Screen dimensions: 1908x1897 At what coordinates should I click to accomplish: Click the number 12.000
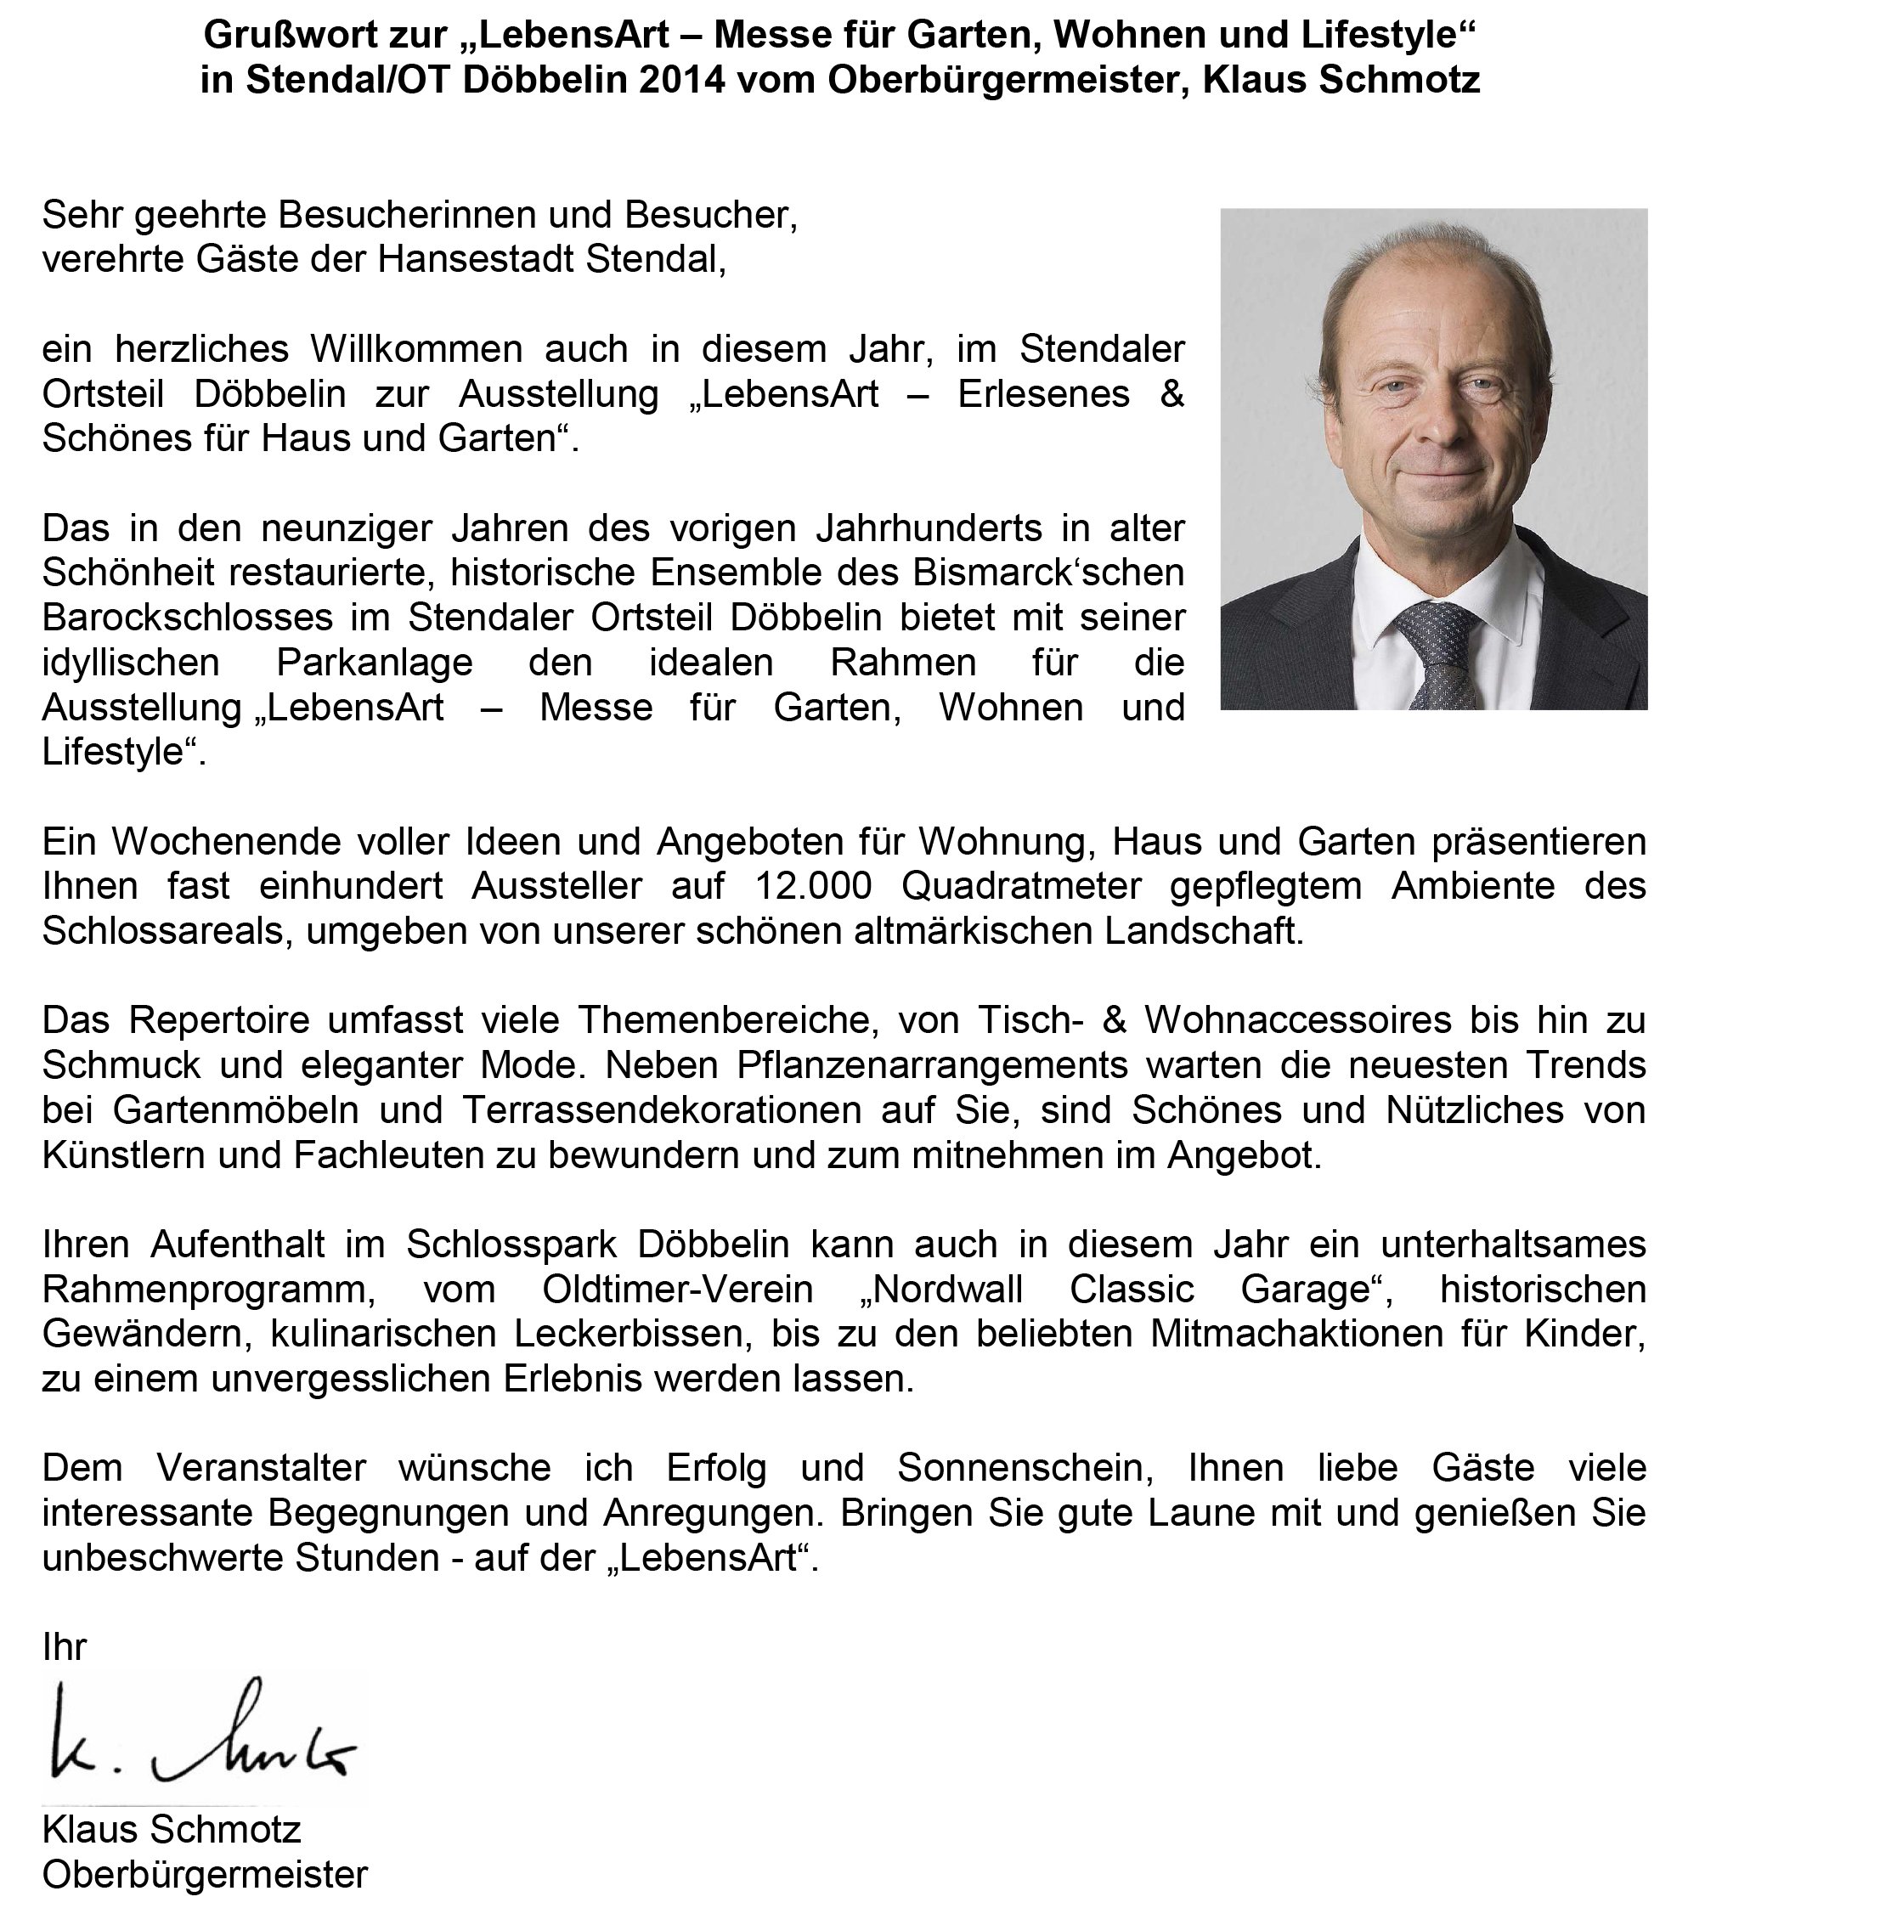point(813,887)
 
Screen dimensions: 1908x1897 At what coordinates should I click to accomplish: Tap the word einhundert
point(351,887)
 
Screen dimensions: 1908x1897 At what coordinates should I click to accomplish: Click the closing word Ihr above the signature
point(65,1647)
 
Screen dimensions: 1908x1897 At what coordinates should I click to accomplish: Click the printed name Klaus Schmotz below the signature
point(171,1830)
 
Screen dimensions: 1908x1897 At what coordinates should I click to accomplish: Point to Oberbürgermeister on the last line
point(205,1874)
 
